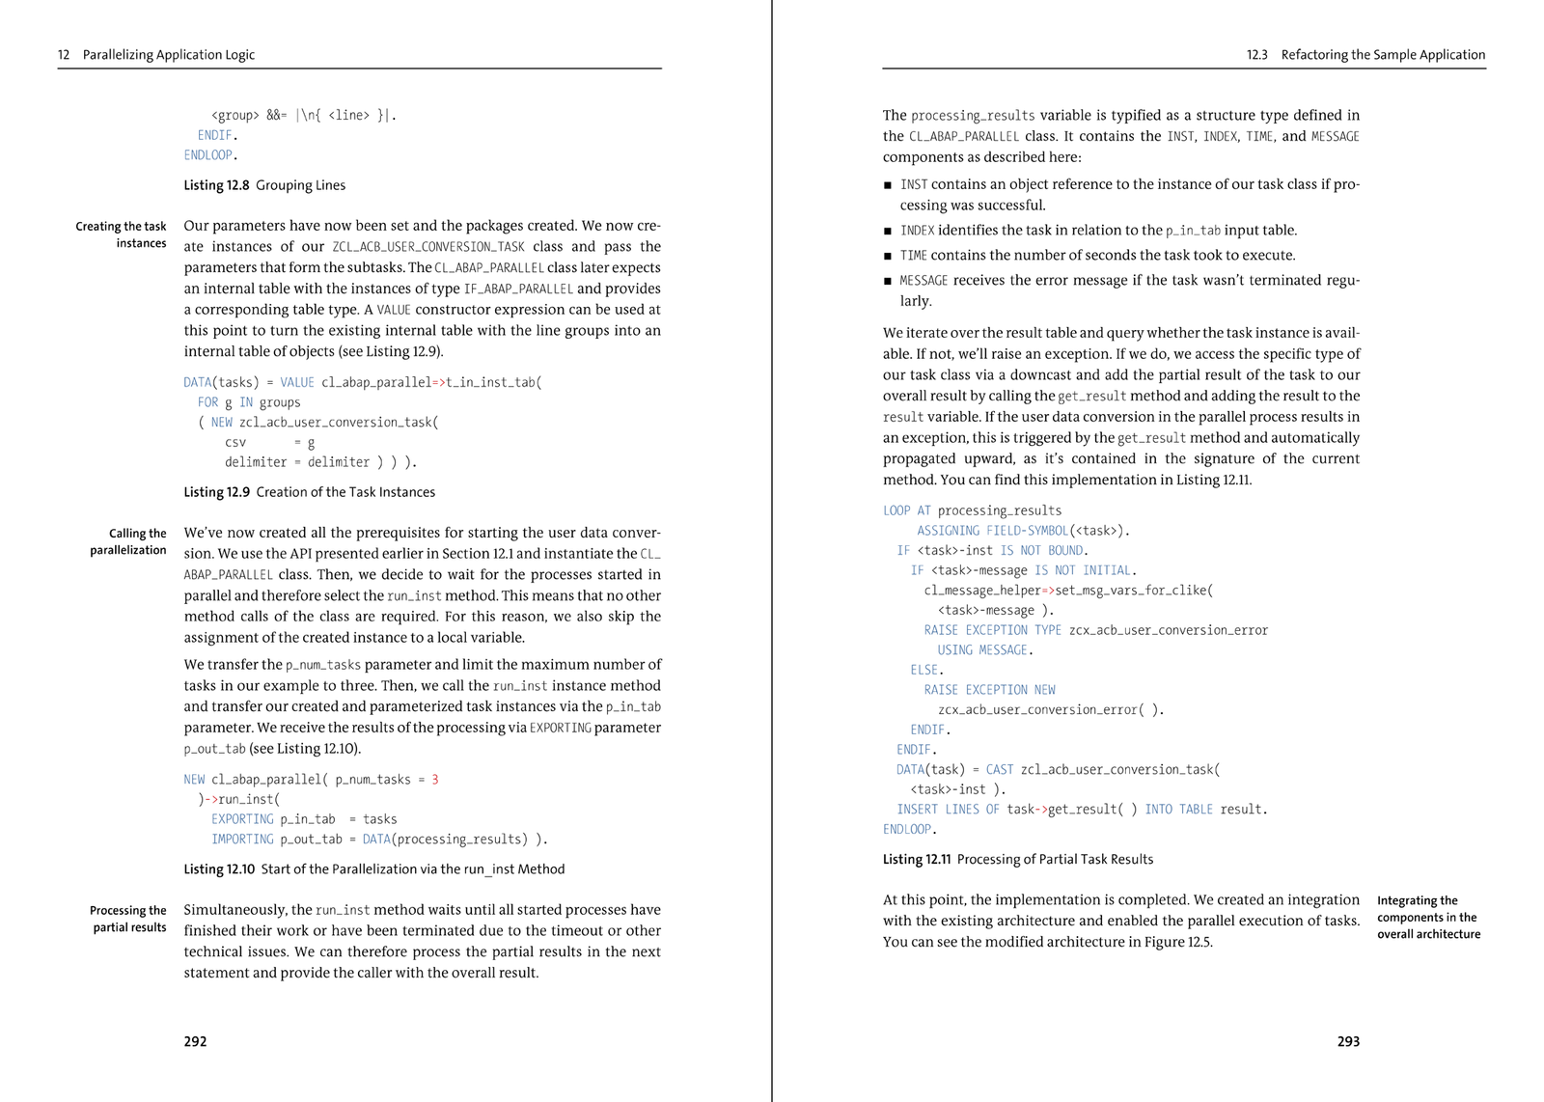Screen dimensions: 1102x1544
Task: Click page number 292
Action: pyautogui.click(x=195, y=1041)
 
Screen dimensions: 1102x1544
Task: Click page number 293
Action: pyautogui.click(x=1348, y=1041)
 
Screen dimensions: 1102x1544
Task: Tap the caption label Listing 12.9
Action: pyautogui.click(x=216, y=492)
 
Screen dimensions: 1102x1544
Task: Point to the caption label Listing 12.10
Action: pyautogui.click(x=219, y=869)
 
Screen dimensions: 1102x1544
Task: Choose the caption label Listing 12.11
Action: pyautogui.click(x=917, y=859)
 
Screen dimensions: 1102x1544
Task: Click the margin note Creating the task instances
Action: pyautogui.click(x=122, y=234)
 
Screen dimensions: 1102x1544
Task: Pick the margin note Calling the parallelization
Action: pyautogui.click(x=128, y=541)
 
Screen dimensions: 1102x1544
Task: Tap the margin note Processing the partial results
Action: pyautogui.click(x=128, y=919)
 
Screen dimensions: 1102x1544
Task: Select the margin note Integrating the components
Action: pyautogui.click(x=1428, y=917)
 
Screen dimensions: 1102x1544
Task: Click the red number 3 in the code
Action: pyautogui.click(x=435, y=780)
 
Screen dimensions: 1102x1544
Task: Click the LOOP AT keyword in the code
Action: pyautogui.click(x=906, y=510)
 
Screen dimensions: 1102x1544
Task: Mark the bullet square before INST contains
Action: pyautogui.click(x=888, y=184)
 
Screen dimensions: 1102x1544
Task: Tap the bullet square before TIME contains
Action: pyautogui.click(x=888, y=256)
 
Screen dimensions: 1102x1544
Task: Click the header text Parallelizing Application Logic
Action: pyautogui.click(x=169, y=55)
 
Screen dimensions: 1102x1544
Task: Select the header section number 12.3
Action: pyautogui.click(x=1256, y=55)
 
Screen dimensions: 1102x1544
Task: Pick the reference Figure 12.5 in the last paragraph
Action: pyautogui.click(x=1179, y=942)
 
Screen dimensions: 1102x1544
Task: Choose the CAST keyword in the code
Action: pyautogui.click(x=1000, y=769)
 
